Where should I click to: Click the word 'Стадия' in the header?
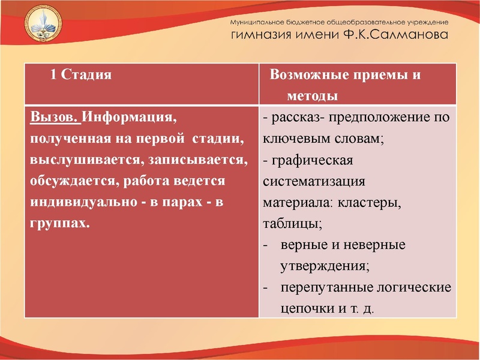(x=88, y=76)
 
